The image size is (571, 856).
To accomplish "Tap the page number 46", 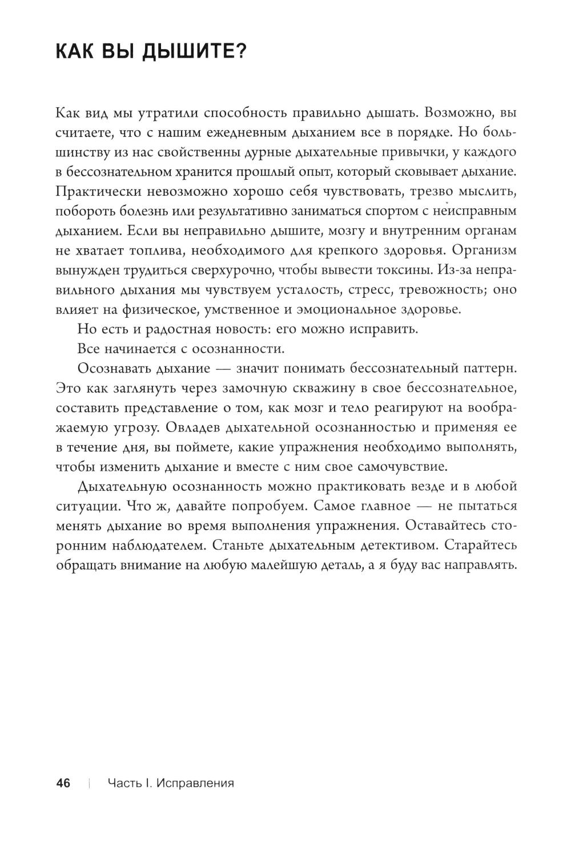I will coord(63,783).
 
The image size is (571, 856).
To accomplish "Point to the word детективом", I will coord(400,545).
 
